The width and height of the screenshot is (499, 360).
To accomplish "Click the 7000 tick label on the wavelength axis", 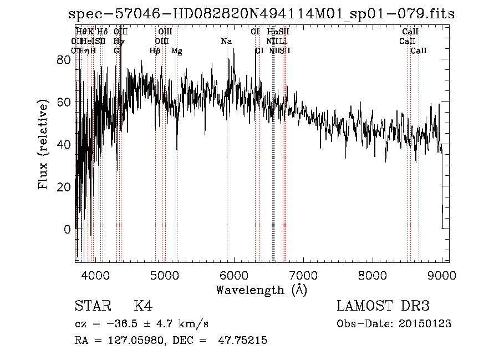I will point(303,275).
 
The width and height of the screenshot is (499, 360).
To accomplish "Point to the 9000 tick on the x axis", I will point(442,275).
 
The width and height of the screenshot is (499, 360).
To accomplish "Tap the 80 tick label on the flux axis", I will point(65,60).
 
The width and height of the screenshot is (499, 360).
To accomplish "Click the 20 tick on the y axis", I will point(65,187).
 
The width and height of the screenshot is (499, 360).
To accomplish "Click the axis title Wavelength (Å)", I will point(262,290).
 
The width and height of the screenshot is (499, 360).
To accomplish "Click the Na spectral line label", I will point(226,42).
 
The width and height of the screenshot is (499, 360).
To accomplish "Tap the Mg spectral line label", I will point(177,51).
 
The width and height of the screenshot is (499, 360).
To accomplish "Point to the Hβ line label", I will point(155,51).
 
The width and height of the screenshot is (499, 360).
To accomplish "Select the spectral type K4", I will point(143,306).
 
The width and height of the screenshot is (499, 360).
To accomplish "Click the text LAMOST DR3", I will point(383,306).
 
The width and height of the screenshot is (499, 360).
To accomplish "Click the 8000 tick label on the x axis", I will point(373,275).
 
